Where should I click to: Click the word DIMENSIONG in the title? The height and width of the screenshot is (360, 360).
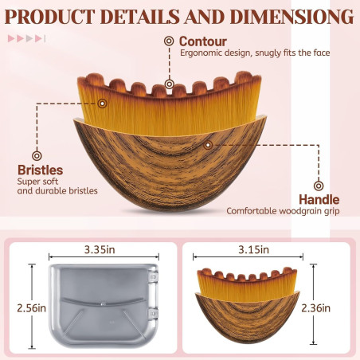pyautogui.click(x=292, y=17)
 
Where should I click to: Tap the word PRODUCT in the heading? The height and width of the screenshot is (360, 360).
pyautogui.click(x=49, y=17)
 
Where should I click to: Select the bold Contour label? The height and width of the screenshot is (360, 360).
pyautogui.click(x=203, y=41)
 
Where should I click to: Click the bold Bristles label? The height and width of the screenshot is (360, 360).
pyautogui.click(x=41, y=170)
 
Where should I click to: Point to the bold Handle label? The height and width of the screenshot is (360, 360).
pyautogui.click(x=319, y=200)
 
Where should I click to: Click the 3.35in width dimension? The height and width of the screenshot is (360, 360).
pyautogui.click(x=100, y=249)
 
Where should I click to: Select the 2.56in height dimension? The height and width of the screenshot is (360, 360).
pyautogui.click(x=31, y=308)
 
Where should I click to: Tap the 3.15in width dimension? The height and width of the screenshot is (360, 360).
pyautogui.click(x=253, y=249)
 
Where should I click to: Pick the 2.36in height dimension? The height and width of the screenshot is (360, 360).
pyautogui.click(x=316, y=308)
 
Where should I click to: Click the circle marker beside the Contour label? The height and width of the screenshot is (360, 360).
pyautogui.click(x=169, y=41)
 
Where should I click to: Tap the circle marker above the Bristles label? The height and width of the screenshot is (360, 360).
pyautogui.click(x=37, y=156)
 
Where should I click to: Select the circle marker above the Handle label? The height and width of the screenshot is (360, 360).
pyautogui.click(x=319, y=186)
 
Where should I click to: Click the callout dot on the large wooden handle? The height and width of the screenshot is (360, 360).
pyautogui.click(x=208, y=145)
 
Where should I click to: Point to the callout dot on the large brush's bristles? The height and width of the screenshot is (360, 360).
pyautogui.click(x=102, y=104)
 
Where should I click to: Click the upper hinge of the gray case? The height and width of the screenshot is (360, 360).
pyautogui.click(x=153, y=276)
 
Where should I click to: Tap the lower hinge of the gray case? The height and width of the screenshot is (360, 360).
pyautogui.click(x=153, y=314)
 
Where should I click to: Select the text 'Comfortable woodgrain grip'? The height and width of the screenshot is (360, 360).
pyautogui.click(x=283, y=211)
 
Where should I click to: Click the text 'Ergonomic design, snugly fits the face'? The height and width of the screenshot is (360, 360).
pyautogui.click(x=255, y=53)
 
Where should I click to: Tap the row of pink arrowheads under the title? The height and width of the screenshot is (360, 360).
pyautogui.click(x=26, y=38)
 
